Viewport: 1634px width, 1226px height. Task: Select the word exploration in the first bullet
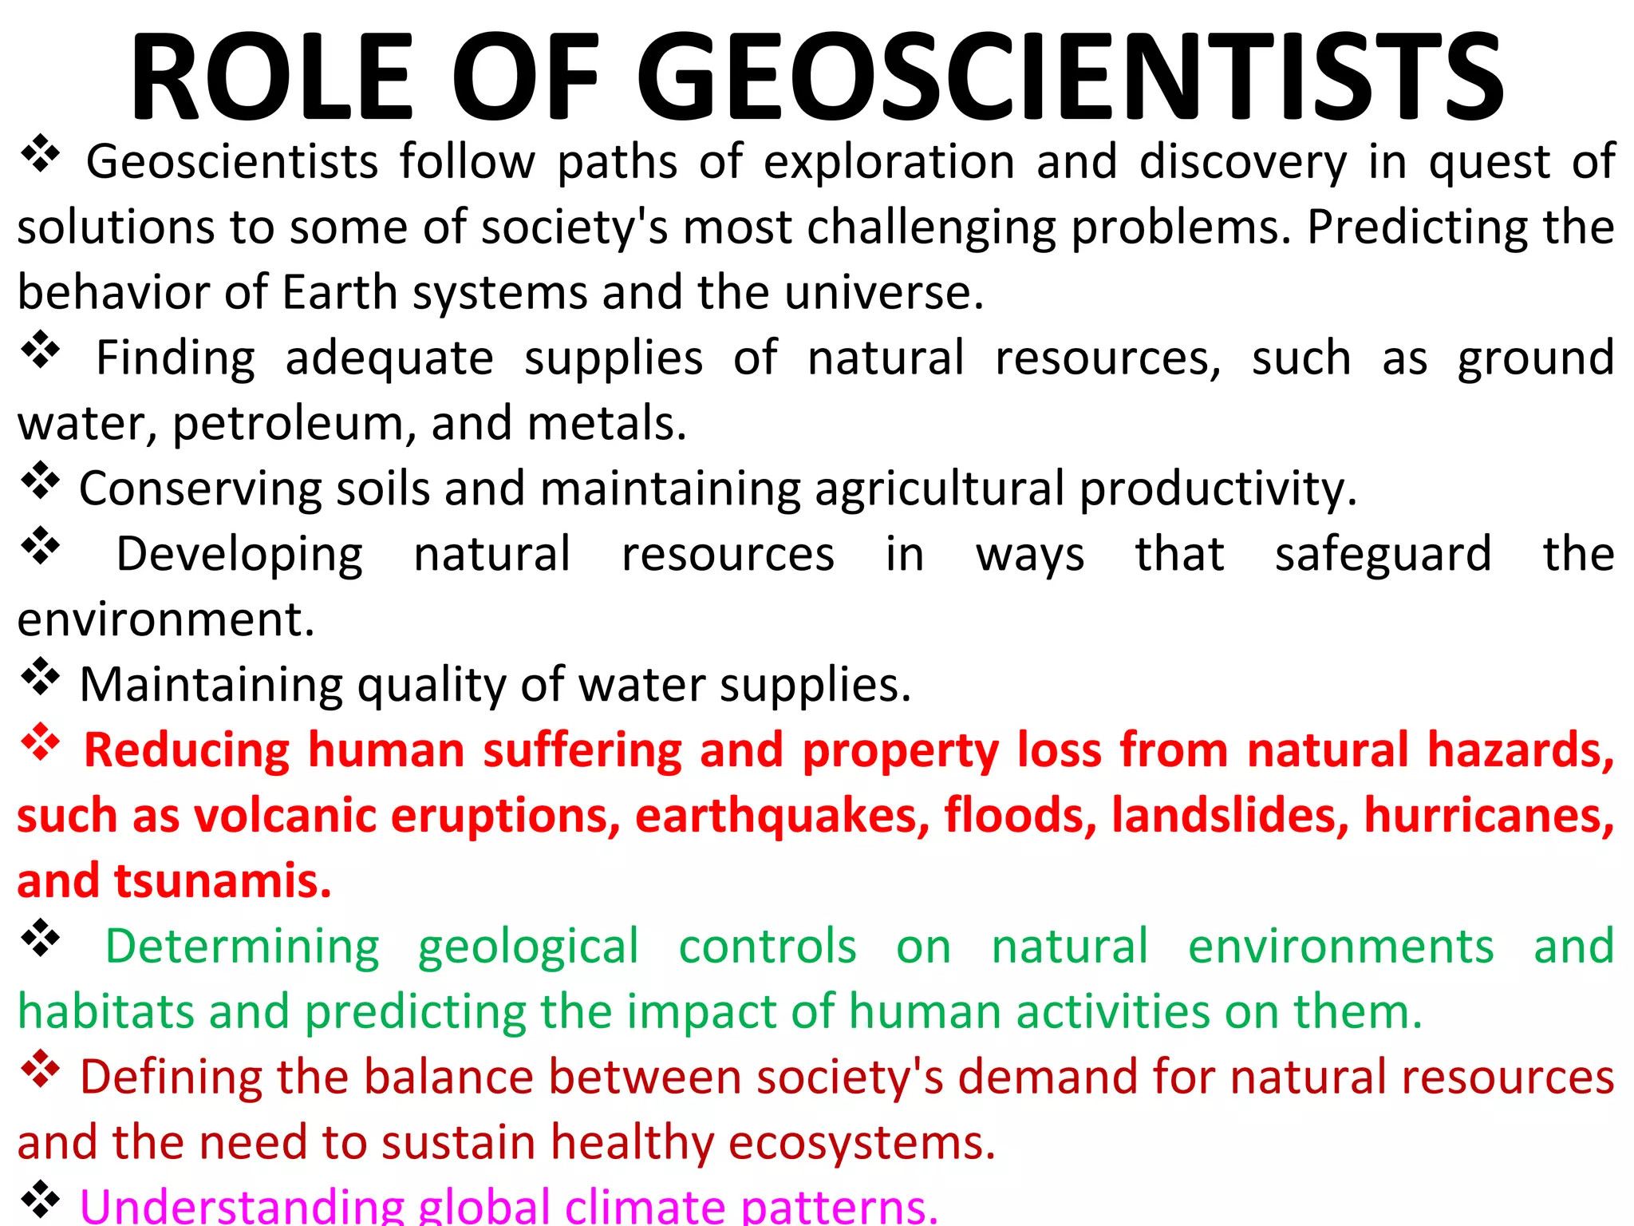(x=889, y=163)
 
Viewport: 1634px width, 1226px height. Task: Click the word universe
(x=884, y=292)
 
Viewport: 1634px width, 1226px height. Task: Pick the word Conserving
(x=200, y=488)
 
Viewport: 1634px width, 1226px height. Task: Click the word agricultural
(x=940, y=488)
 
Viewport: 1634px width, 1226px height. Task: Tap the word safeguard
(x=1383, y=554)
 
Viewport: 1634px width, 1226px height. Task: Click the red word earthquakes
(x=783, y=816)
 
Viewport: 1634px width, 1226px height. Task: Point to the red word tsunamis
(x=223, y=881)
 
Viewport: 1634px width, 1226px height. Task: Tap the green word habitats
(x=105, y=1012)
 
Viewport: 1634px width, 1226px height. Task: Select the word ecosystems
(x=862, y=1143)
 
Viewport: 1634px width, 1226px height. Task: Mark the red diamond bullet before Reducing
(x=40, y=744)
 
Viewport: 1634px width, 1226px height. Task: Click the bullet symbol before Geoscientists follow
(x=40, y=155)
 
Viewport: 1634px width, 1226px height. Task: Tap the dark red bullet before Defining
(x=40, y=1070)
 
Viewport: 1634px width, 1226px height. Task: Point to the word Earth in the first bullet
(x=339, y=292)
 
